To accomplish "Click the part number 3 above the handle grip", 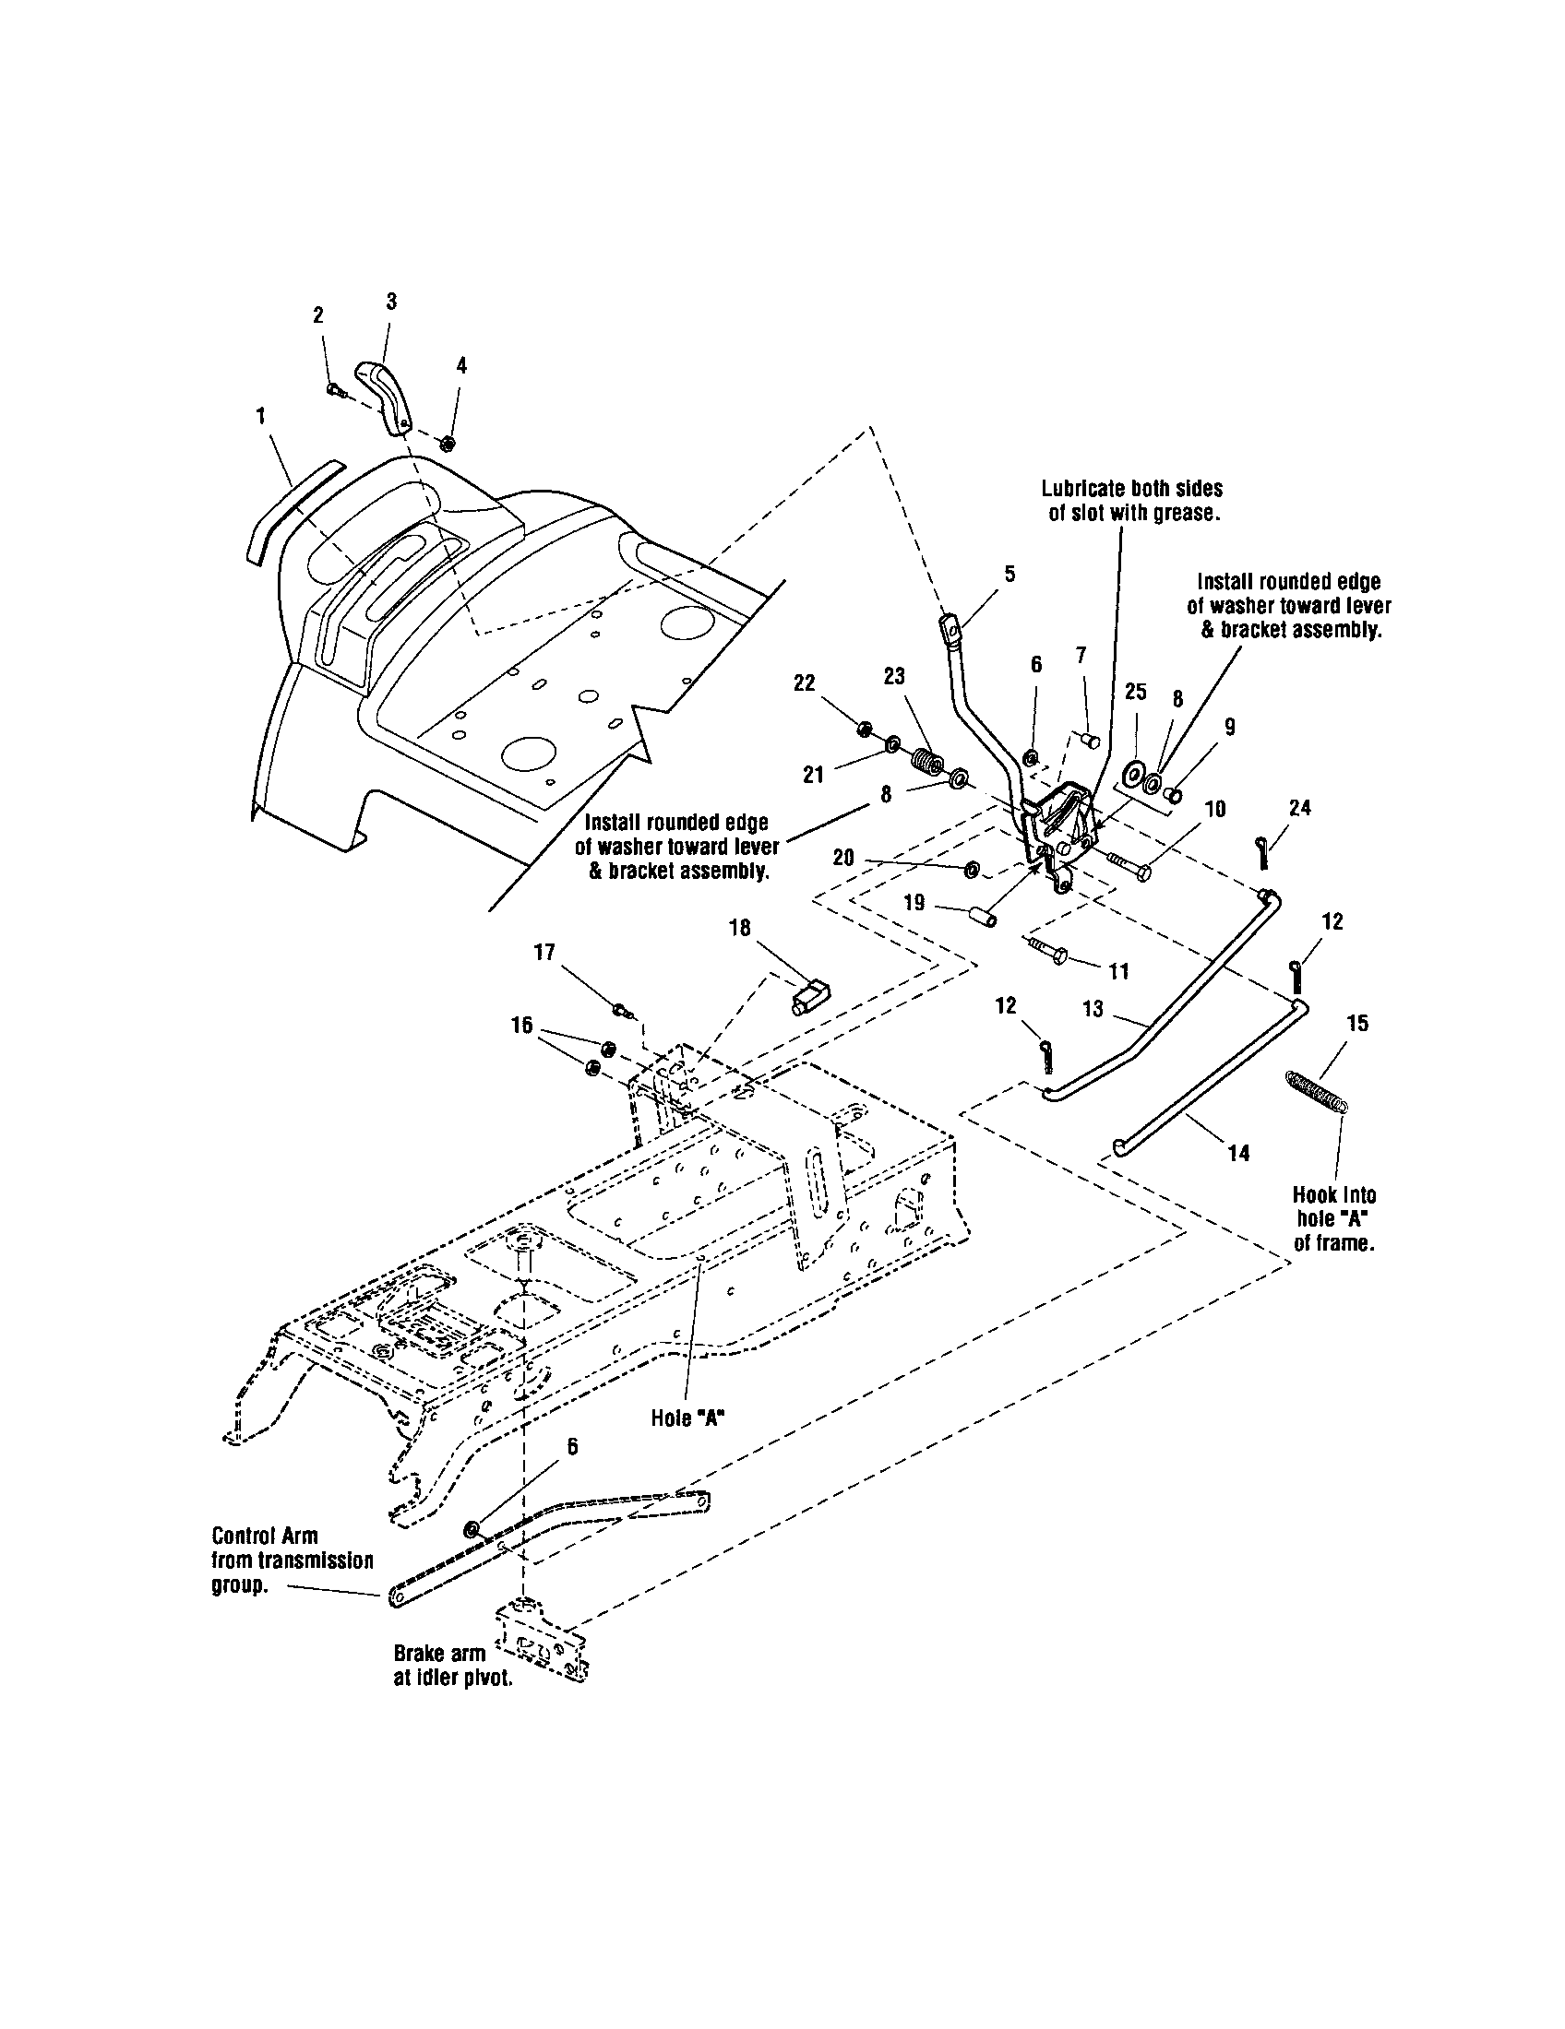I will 391,301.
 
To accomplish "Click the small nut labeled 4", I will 447,442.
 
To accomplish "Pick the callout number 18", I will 740,928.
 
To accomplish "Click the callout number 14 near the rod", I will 1237,1153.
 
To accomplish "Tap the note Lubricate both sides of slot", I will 1132,501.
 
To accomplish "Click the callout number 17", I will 544,952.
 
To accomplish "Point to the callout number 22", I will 804,682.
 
